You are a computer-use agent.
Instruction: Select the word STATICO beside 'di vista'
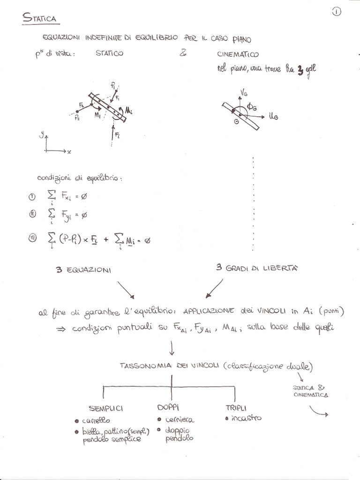point(109,54)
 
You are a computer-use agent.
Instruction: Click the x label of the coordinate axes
point(68,152)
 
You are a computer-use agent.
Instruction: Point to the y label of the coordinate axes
point(42,135)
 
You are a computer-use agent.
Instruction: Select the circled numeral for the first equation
point(32,197)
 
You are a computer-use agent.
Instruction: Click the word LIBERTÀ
point(280,268)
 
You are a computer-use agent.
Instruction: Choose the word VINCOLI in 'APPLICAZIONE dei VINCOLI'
point(293,311)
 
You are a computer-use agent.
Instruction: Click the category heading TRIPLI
point(236,408)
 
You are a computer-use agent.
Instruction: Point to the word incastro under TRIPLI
point(246,418)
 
